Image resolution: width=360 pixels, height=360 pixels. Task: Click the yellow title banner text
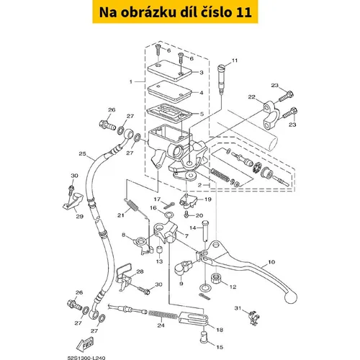click(175, 12)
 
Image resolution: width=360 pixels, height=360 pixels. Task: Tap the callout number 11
click(235, 60)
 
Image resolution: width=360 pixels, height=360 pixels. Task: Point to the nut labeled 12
click(217, 278)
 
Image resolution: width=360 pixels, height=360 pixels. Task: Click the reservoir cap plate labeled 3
click(170, 71)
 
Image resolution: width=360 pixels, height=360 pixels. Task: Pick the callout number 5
click(202, 114)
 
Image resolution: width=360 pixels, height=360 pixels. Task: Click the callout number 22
click(252, 97)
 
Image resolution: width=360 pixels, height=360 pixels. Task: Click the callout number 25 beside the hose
click(82, 153)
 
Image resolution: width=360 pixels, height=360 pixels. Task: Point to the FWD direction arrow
click(85, 345)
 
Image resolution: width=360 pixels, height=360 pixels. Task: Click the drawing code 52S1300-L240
click(86, 358)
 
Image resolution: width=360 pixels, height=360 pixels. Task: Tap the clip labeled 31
click(254, 318)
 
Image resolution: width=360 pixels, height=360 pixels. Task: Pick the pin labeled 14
click(206, 231)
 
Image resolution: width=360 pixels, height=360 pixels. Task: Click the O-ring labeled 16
click(168, 214)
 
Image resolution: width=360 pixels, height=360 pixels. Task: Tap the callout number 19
click(208, 199)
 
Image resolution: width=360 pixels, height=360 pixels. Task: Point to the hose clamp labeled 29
click(73, 201)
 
